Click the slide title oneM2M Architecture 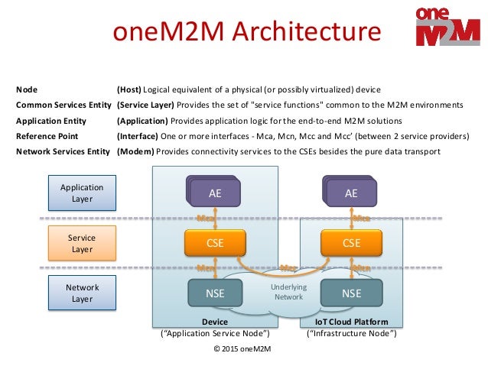click(246, 33)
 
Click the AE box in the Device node click(215, 194)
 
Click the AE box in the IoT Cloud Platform click(351, 194)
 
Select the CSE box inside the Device click(215, 244)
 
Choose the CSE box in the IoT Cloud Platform click(351, 244)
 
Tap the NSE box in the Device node click(215, 293)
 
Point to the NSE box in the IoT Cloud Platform click(351, 293)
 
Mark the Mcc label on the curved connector click(288, 268)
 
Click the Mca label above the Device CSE click(206, 219)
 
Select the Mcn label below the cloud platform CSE click(361, 268)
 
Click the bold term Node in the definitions click(27, 89)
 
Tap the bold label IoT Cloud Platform click(351, 322)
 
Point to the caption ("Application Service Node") click(215, 334)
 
